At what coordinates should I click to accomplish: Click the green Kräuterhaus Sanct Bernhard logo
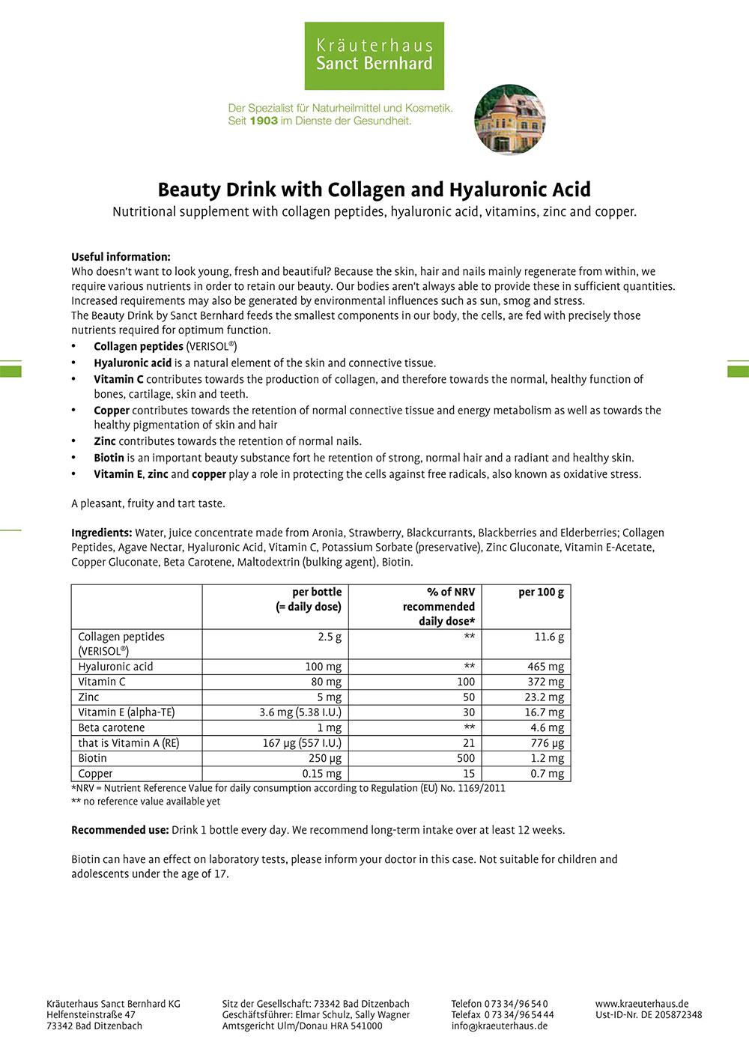pyautogui.click(x=374, y=55)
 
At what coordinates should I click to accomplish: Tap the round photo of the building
pyautogui.click(x=509, y=120)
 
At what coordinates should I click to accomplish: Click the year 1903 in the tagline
pyautogui.click(x=264, y=121)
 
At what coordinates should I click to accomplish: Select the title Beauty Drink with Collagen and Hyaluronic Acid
pyautogui.click(x=374, y=190)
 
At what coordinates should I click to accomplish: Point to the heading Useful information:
pyautogui.click(x=121, y=257)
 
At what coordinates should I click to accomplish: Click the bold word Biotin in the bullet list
pyautogui.click(x=109, y=458)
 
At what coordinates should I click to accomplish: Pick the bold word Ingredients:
pyautogui.click(x=102, y=533)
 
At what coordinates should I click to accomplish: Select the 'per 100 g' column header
pyautogui.click(x=541, y=592)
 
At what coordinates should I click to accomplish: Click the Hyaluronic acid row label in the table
pyautogui.click(x=115, y=667)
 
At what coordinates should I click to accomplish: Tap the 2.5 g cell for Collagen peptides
pyautogui.click(x=330, y=637)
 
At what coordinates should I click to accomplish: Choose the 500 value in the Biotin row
pyautogui.click(x=466, y=758)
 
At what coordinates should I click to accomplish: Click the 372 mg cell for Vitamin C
pyautogui.click(x=545, y=682)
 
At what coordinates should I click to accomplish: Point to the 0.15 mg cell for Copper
pyautogui.click(x=322, y=774)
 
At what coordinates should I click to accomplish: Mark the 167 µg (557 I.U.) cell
pyautogui.click(x=302, y=743)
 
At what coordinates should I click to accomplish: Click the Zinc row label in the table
pyautogui.click(x=88, y=697)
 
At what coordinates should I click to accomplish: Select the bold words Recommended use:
pyautogui.click(x=120, y=830)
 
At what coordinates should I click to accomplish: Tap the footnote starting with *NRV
pyautogui.click(x=288, y=788)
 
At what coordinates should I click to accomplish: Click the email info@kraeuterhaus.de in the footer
pyautogui.click(x=499, y=1026)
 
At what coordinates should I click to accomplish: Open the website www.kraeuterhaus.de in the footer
pyautogui.click(x=642, y=1004)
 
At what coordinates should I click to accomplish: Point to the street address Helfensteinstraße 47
pyautogui.click(x=91, y=1015)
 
